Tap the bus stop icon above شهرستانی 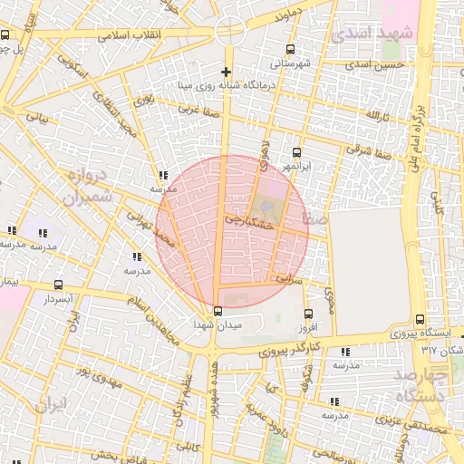click(290, 50)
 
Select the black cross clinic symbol click(226, 72)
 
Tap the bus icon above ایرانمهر click(296, 153)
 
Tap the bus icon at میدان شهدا click(217, 311)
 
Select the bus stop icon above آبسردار click(59, 285)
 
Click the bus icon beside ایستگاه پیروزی click(419, 319)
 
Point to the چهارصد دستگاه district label click(424, 384)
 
